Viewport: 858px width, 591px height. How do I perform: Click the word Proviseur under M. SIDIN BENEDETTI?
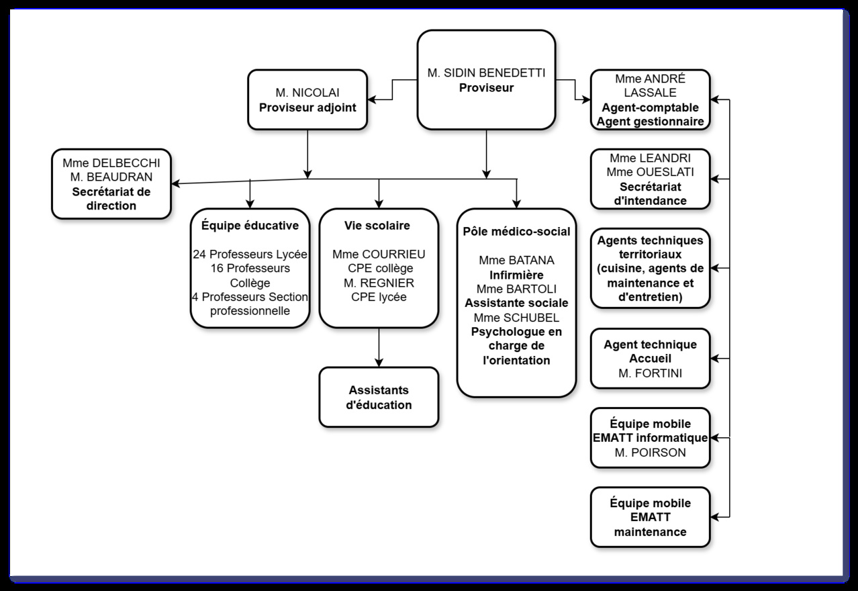486,87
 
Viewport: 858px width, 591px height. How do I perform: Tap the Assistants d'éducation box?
379,397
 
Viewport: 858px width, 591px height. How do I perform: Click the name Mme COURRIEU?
379,255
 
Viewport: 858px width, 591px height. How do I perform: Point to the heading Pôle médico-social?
516,232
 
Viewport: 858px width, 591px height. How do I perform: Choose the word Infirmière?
516,275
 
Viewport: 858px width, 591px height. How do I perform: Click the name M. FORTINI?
650,373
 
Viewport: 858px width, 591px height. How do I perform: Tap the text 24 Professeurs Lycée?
250,255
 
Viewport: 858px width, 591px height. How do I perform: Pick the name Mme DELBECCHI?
111,163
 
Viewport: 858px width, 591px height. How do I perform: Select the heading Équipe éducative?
250,225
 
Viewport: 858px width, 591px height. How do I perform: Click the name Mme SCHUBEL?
516,318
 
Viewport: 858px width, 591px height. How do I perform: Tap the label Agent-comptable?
650,107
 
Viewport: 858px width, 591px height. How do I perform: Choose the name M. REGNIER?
379,283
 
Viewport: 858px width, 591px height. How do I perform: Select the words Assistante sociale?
516,303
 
